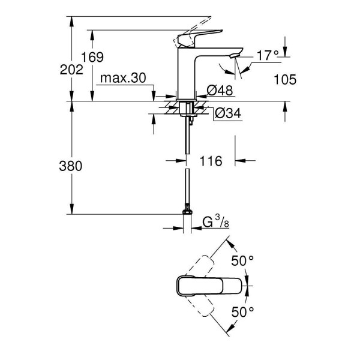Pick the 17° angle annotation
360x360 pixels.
[x=268, y=55]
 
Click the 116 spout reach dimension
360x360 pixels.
[x=211, y=161]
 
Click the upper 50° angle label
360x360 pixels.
[x=244, y=260]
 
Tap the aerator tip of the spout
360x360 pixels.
[x=233, y=56]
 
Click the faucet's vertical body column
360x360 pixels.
[x=187, y=75]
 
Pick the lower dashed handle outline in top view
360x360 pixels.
[x=204, y=309]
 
